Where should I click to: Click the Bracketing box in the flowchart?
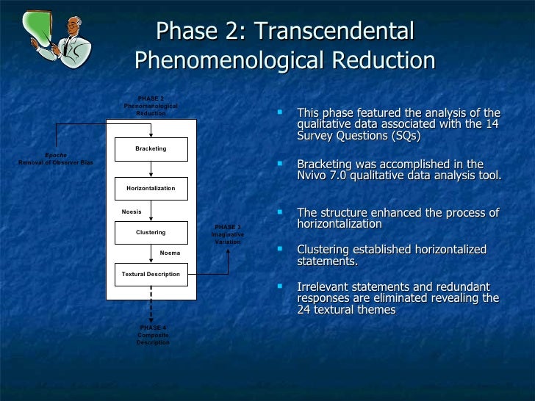151,149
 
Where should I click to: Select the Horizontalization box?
151,189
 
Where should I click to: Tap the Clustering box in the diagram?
151,233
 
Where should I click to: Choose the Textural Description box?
151,275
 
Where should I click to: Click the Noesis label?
132,212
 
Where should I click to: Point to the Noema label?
170,253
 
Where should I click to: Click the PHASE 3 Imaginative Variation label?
227,235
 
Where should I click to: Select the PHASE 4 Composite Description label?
152,336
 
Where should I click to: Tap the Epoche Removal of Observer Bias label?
55,159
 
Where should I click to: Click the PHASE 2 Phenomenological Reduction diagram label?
151,106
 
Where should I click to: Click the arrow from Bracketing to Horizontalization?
151,169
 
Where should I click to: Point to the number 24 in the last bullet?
304,310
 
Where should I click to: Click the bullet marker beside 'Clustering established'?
279,248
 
